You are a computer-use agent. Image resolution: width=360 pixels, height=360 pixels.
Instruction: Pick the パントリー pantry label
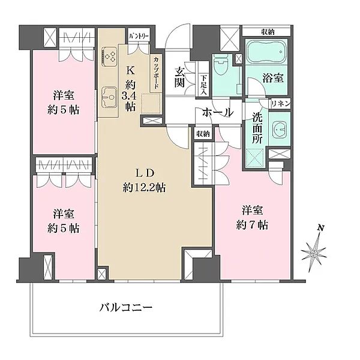tap(139, 36)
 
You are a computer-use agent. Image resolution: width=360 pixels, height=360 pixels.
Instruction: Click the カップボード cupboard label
tap(156, 73)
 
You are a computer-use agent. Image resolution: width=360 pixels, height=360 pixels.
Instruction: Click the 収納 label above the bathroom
tap(268, 31)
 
